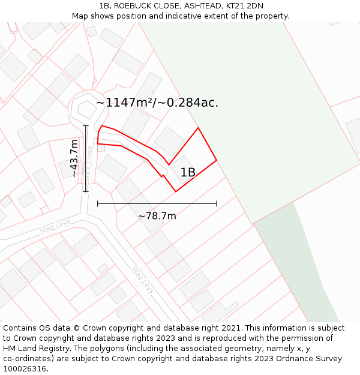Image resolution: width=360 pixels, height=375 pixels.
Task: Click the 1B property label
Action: click(x=188, y=173)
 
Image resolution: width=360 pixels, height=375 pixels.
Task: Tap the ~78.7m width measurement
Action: click(x=157, y=216)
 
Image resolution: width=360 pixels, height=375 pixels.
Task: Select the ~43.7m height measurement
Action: click(x=73, y=158)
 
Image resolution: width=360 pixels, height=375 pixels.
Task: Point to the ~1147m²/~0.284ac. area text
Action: click(x=157, y=103)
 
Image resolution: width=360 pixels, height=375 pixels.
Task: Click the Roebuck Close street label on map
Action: click(x=89, y=165)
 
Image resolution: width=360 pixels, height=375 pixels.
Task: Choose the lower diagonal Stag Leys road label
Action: click(x=143, y=280)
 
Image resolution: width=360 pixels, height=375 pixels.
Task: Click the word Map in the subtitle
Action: click(x=80, y=16)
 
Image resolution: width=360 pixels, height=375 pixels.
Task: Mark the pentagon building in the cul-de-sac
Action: click(x=86, y=110)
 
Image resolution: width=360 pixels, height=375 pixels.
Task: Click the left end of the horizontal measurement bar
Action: click(x=97, y=204)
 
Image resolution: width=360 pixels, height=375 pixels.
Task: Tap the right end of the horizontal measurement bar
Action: click(x=217, y=204)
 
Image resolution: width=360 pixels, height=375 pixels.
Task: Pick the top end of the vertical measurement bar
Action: click(x=86, y=125)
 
